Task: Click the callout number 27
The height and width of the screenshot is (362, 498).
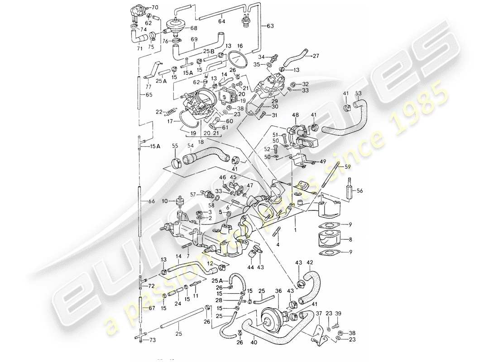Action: click(316, 56)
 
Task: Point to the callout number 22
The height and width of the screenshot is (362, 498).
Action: click(158, 111)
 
